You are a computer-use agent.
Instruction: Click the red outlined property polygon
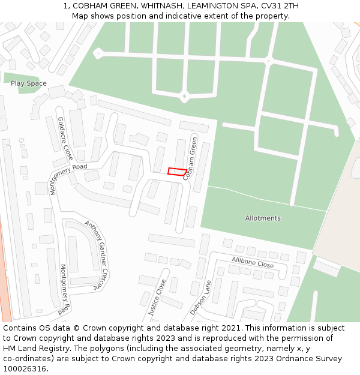pos(176,172)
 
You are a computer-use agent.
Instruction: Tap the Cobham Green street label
pos(190,158)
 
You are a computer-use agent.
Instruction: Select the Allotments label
pos(263,218)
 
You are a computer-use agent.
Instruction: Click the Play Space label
pos(28,83)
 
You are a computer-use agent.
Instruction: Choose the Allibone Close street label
pos(253,262)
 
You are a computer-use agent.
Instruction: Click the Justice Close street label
pos(157,296)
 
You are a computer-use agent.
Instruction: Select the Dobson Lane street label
pos(201,298)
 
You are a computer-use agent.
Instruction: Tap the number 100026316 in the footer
pos(24,369)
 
